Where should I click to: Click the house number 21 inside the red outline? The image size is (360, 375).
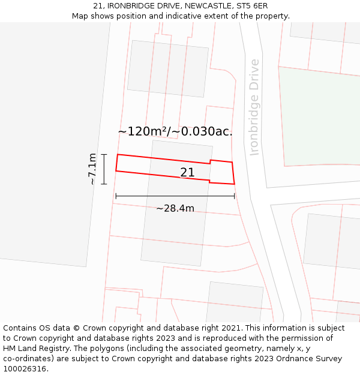pyautogui.click(x=187, y=173)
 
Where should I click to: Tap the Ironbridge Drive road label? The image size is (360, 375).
pyautogui.click(x=254, y=107)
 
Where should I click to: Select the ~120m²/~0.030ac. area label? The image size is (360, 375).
pyautogui.click(x=175, y=131)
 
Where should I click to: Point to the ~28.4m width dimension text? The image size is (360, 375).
pyautogui.click(x=175, y=208)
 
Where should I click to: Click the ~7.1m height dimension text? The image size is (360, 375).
pyautogui.click(x=92, y=169)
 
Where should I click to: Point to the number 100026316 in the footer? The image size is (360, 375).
pyautogui.click(x=25, y=369)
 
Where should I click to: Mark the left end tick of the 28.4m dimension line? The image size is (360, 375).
pyautogui.click(x=116, y=196)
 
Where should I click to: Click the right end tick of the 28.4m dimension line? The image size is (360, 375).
pyautogui.click(x=235, y=196)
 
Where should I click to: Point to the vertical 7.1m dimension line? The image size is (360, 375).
pyautogui.click(x=104, y=169)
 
